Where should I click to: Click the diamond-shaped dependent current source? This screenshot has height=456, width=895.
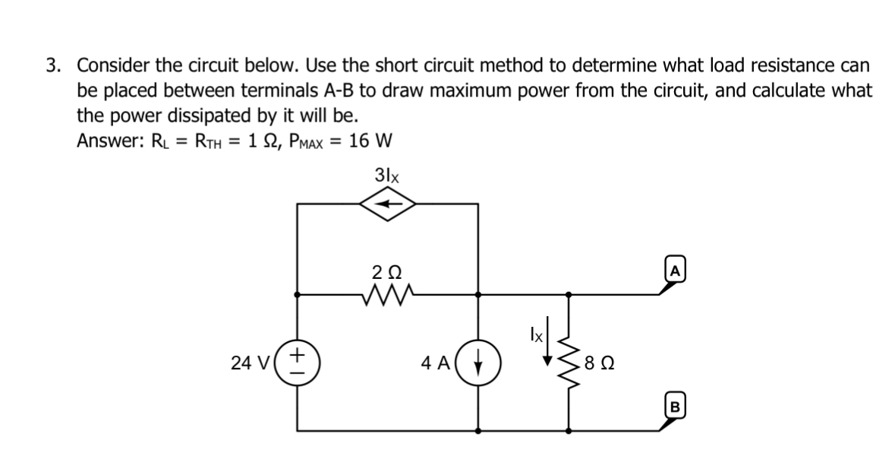(x=388, y=204)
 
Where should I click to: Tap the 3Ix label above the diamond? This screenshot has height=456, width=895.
(x=388, y=175)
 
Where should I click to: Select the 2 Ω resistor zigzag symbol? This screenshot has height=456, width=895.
(x=388, y=293)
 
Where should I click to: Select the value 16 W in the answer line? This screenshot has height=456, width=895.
(x=370, y=141)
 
